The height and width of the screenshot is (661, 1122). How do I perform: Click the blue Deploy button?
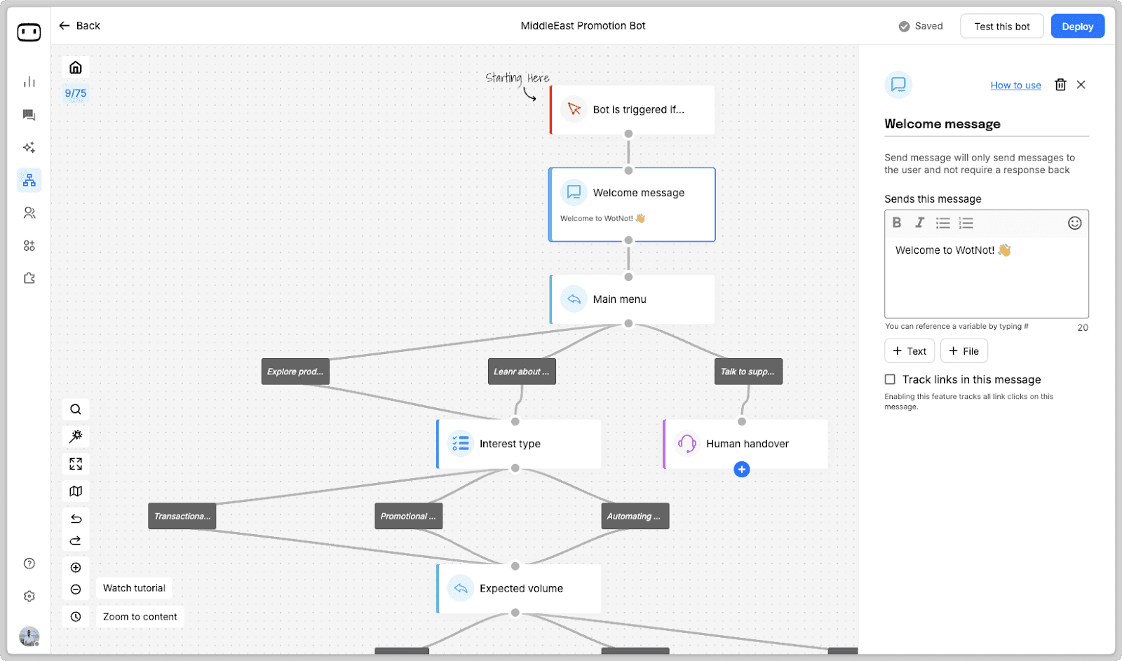pyautogui.click(x=1077, y=27)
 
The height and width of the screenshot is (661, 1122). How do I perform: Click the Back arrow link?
pyautogui.click(x=79, y=26)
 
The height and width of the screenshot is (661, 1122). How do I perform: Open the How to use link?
pyautogui.click(x=1015, y=86)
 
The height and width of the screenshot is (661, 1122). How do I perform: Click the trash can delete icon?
pyautogui.click(x=1060, y=85)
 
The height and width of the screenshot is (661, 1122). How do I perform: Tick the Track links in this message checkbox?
pyautogui.click(x=890, y=379)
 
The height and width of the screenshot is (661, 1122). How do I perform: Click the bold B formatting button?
pyautogui.click(x=896, y=223)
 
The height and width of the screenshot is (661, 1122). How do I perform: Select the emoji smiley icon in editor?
pyautogui.click(x=1074, y=223)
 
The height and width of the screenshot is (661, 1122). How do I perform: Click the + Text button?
pyautogui.click(x=910, y=351)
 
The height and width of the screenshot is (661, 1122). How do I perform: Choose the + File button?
pyautogui.click(x=964, y=351)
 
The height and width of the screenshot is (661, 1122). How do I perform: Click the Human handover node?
pyautogui.click(x=746, y=444)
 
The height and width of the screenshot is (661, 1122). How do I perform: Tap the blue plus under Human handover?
pyautogui.click(x=741, y=470)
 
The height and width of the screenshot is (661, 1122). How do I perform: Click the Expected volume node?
pyautogui.click(x=519, y=589)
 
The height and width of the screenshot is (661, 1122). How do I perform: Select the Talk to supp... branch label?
pyautogui.click(x=748, y=372)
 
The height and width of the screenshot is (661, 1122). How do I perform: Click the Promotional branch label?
pyautogui.click(x=408, y=517)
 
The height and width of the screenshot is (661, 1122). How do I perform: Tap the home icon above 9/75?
pyautogui.click(x=76, y=67)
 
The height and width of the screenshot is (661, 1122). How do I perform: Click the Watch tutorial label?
pyautogui.click(x=134, y=588)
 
